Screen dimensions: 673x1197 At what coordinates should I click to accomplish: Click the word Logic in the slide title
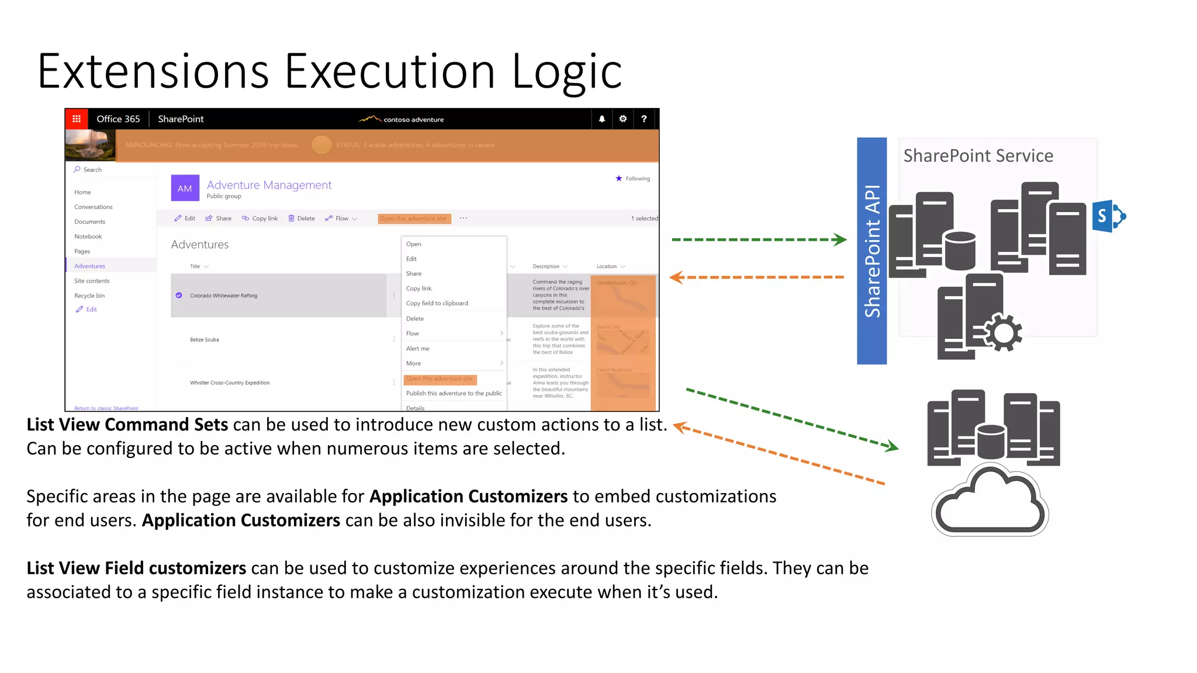click(x=566, y=72)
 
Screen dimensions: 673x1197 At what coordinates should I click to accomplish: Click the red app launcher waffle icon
click(x=77, y=119)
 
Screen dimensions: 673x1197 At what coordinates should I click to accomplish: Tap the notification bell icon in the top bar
click(x=601, y=119)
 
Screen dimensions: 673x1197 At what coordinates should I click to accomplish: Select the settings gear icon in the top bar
click(x=623, y=119)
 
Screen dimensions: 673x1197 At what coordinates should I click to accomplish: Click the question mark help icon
click(x=644, y=119)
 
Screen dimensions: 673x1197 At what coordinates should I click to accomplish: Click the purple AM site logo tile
click(x=185, y=188)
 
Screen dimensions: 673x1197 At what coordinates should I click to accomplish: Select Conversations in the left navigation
click(x=94, y=207)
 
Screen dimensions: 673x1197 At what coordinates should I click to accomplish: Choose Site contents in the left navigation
click(x=92, y=281)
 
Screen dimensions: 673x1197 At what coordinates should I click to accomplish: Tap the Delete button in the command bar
click(x=302, y=218)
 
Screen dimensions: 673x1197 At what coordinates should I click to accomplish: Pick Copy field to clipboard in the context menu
click(x=437, y=303)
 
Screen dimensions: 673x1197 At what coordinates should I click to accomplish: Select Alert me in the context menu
click(x=418, y=349)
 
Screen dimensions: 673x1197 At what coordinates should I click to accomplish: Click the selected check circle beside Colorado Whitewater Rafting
click(x=179, y=296)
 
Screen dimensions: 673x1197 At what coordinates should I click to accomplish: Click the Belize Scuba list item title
click(x=205, y=339)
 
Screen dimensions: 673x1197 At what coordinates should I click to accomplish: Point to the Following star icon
click(x=619, y=178)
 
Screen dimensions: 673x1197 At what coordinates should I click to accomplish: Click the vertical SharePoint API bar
click(x=871, y=251)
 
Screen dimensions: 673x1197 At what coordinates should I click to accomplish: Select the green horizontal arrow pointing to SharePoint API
click(x=759, y=240)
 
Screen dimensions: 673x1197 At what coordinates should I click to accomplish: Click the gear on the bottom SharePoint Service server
click(x=1004, y=332)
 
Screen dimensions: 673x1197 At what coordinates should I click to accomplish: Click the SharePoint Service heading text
click(x=978, y=156)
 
